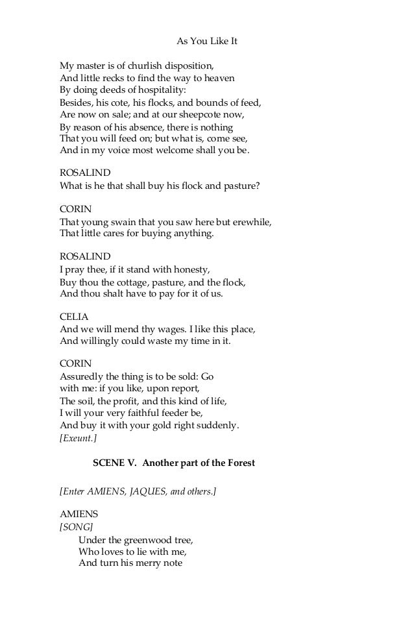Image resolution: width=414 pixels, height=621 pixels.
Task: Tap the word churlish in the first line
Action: pyautogui.click(x=132, y=66)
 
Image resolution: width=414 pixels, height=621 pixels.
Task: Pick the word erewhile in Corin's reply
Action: pyautogui.click(x=250, y=221)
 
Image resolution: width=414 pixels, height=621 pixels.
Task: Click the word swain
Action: pyautogui.click(x=118, y=221)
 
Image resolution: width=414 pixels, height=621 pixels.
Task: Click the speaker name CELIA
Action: pyautogui.click(x=74, y=316)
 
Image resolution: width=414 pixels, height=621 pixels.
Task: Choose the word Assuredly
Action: pyautogui.click(x=82, y=376)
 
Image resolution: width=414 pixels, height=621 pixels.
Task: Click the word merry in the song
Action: pyautogui.click(x=149, y=563)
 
